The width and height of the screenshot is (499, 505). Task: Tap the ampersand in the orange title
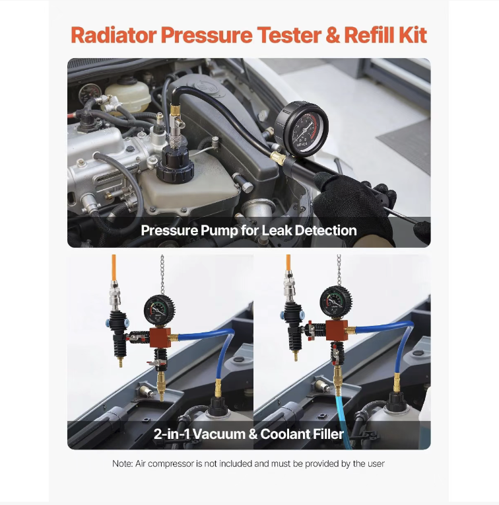[333, 35]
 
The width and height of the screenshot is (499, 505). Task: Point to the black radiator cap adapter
[175, 164]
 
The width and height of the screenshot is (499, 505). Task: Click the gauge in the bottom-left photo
[159, 311]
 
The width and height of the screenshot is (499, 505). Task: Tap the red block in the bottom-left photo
[160, 337]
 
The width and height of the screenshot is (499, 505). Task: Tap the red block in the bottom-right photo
[337, 330]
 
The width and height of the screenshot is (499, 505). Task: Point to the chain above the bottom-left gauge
[162, 274]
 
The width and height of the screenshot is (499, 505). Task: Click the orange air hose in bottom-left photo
[114, 268]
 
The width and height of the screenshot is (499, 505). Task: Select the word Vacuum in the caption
[219, 434]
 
